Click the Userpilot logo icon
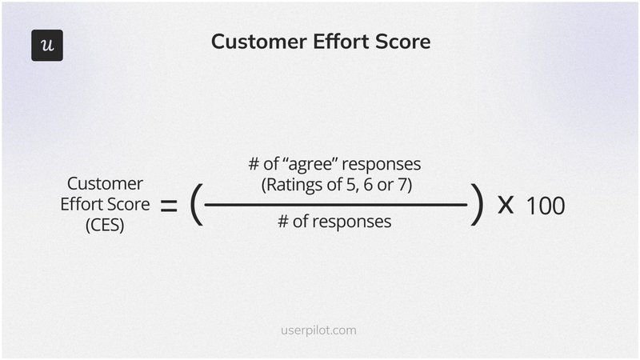pyautogui.click(x=46, y=45)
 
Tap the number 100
pyautogui.click(x=546, y=206)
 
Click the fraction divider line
pyautogui.click(x=336, y=205)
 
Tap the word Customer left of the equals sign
pyautogui.click(x=106, y=184)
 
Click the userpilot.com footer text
pyautogui.click(x=320, y=329)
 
